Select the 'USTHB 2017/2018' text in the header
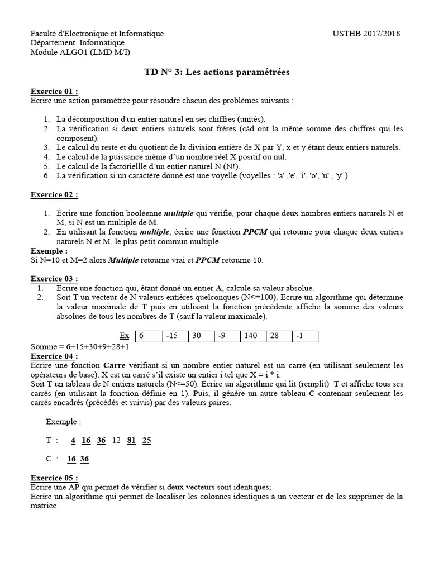point(366,34)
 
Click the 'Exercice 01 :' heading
point(54,92)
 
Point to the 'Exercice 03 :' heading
point(54,279)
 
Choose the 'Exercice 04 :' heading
point(54,356)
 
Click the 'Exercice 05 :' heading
point(54,479)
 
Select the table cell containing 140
point(253,336)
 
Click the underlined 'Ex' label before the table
point(125,336)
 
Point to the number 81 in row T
point(132,440)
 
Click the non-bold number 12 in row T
point(116,440)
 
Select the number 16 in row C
point(71,459)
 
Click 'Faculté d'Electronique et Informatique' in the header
point(97,34)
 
